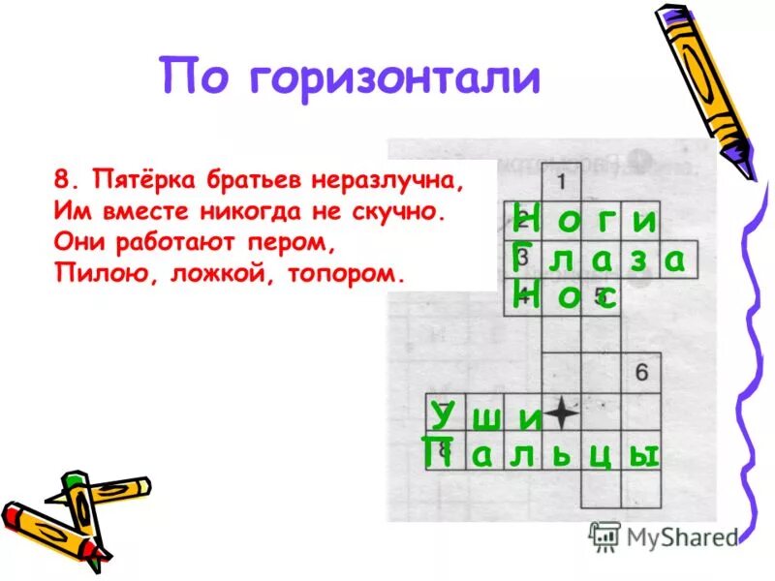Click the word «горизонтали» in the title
394,76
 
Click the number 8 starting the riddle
63,180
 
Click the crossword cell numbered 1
561,182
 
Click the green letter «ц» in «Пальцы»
600,455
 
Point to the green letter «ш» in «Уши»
489,419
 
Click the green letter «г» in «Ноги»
604,222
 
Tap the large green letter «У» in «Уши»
443,413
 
